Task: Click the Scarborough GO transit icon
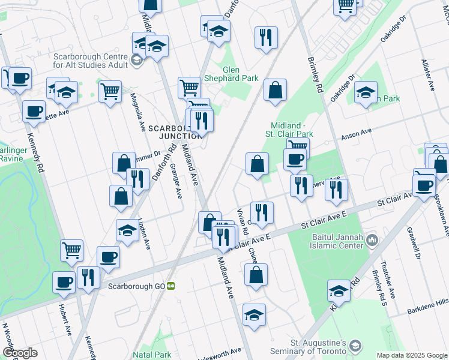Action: pos(171,286)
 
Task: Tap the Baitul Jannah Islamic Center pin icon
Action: pos(372,240)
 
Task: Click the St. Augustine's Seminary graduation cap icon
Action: pos(356,346)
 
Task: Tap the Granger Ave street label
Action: pos(176,181)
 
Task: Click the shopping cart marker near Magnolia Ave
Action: pos(110,91)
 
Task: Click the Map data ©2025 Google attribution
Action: pos(411,355)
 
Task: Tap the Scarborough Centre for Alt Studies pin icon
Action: pos(136,59)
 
